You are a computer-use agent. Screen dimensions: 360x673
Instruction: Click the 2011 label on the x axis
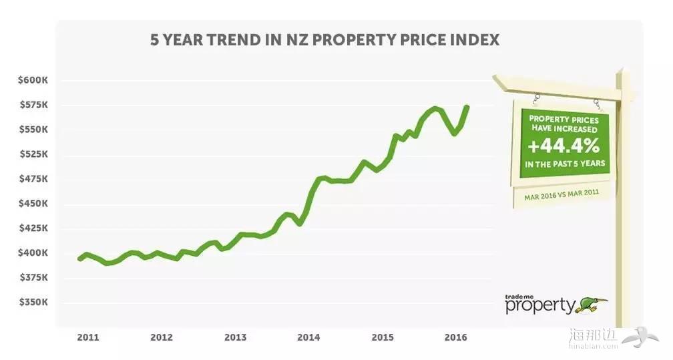(87, 337)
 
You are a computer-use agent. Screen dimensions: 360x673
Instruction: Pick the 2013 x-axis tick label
(236, 337)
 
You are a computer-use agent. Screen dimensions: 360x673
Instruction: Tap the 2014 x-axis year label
(309, 337)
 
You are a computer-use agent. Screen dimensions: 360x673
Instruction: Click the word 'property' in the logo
(539, 306)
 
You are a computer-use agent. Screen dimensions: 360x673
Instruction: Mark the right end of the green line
(466, 107)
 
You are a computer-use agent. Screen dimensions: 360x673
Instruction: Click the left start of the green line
(79, 258)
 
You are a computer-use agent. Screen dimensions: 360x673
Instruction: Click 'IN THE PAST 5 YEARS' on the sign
(563, 163)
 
